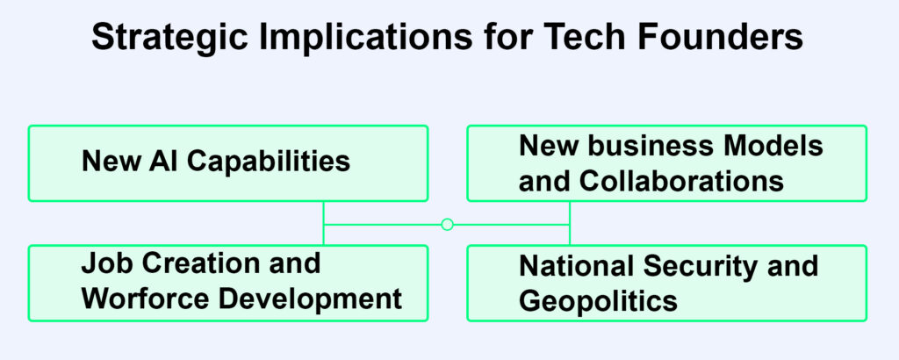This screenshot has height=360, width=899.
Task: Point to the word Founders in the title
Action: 737,39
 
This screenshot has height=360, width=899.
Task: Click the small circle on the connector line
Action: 447,225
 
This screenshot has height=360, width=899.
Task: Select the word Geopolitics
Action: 598,301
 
